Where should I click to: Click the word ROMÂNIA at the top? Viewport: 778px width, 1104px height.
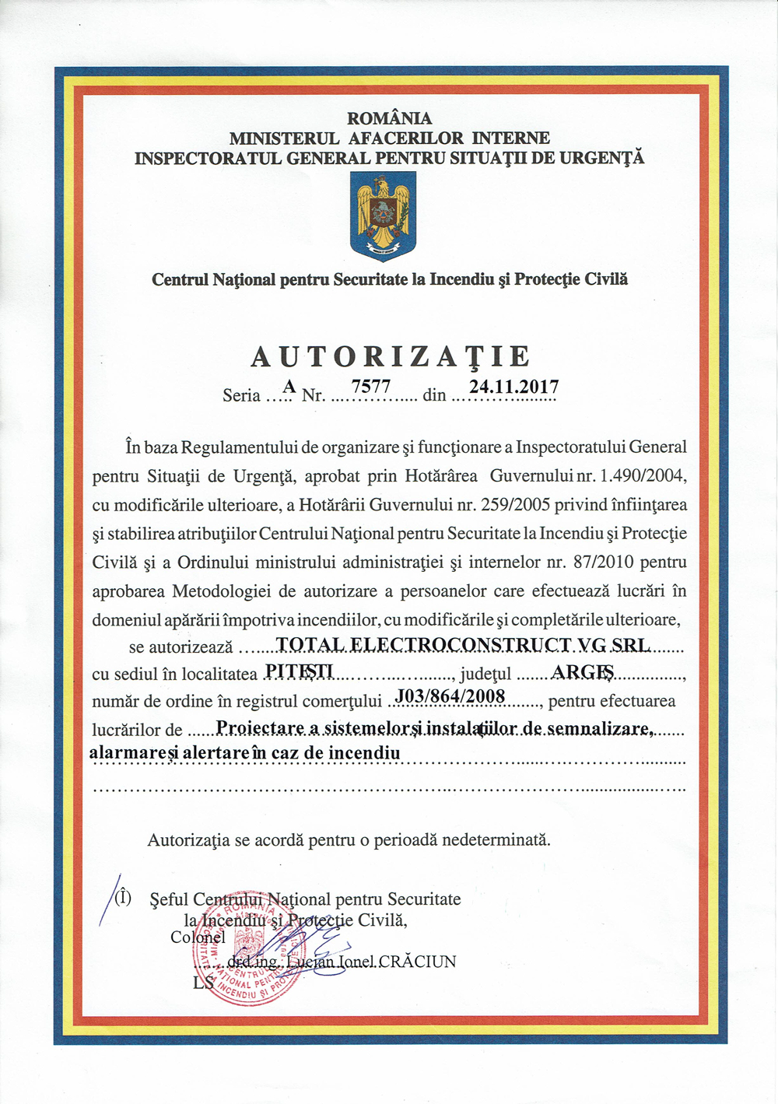tap(389, 118)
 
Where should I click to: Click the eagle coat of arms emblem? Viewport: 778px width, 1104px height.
tap(383, 216)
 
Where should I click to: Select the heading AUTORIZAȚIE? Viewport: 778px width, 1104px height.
tap(391, 356)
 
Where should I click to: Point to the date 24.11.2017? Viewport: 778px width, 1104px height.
tap(513, 387)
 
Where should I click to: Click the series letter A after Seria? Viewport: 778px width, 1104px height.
tap(289, 387)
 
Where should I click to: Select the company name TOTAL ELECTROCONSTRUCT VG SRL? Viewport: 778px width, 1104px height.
tap(464, 644)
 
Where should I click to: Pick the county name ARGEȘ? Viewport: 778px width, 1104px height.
tap(583, 671)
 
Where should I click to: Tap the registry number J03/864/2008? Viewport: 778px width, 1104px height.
tap(451, 696)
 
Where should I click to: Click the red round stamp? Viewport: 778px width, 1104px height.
tap(254, 952)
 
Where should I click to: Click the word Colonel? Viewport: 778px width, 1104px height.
tap(198, 938)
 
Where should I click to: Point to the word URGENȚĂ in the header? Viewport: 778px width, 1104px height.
tap(602, 158)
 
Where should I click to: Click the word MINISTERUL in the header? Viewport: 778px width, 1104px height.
tap(284, 138)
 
